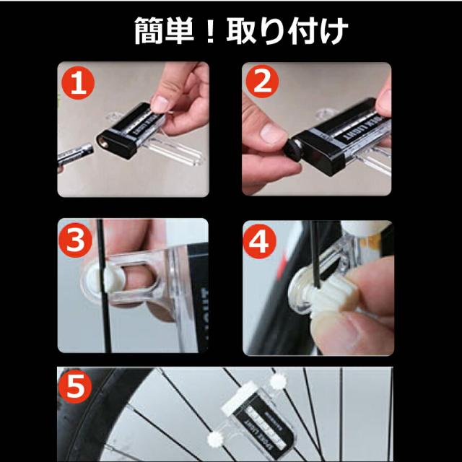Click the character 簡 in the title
149,31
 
